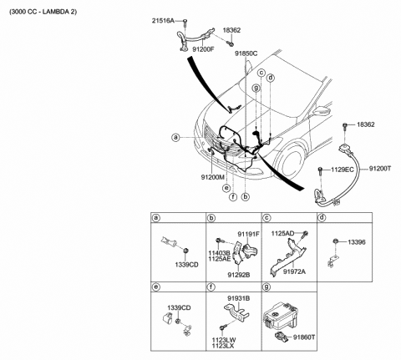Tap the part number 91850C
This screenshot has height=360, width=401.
(x=246, y=53)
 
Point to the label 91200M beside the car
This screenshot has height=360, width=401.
(x=213, y=177)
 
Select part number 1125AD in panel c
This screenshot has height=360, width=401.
(x=290, y=234)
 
